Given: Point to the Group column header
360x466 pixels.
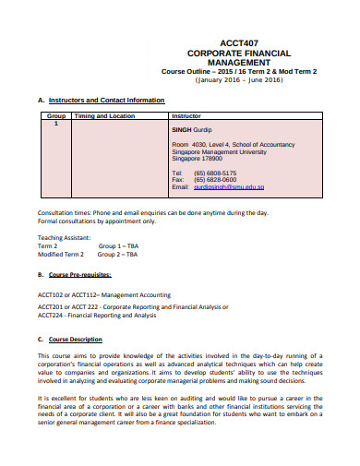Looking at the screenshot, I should (56, 117).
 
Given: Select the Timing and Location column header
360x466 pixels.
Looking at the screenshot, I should (98, 117).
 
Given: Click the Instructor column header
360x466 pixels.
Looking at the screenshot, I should (189, 117).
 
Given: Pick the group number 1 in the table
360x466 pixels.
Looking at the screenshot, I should (56, 125).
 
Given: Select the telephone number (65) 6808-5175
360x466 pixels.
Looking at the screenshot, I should (215, 173).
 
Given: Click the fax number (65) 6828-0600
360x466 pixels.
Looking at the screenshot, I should (215, 180).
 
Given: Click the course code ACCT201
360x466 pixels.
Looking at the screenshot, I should (52, 305).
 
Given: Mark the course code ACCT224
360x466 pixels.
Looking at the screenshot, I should (52, 315).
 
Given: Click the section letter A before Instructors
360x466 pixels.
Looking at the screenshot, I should (40, 100).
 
